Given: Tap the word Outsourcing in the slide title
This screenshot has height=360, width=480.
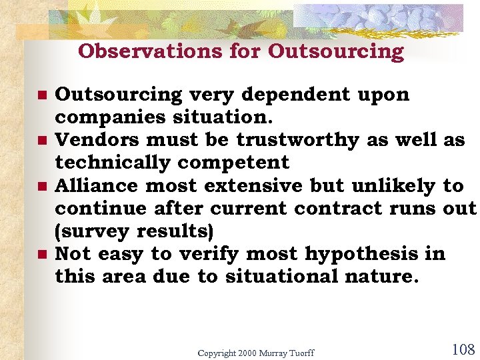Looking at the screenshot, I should [336, 51].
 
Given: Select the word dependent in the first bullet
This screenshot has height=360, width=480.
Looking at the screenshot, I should [298, 95].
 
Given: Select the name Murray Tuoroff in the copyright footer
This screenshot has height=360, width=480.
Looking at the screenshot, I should [284, 353].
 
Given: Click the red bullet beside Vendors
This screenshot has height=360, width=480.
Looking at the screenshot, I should [42, 141].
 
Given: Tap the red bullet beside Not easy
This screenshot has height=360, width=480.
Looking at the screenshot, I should [42, 255].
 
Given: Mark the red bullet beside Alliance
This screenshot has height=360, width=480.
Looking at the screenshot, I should [42, 187].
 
